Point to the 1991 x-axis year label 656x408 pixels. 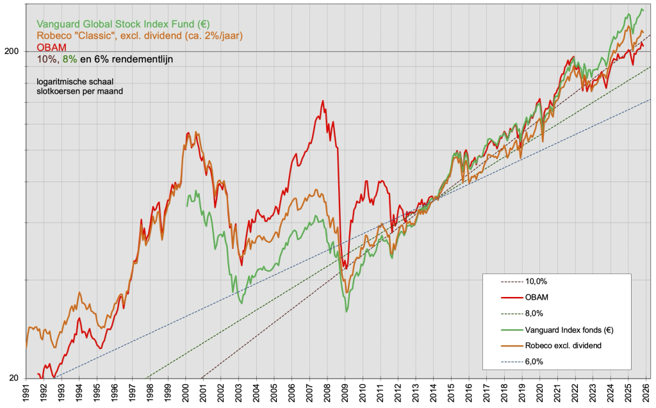click(x=26, y=391)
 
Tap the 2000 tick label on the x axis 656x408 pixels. click(x=186, y=391)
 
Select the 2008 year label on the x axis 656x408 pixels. click(x=327, y=391)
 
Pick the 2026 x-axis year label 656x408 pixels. click(x=646, y=391)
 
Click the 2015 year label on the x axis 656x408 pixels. click(x=451, y=391)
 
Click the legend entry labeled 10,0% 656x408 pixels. click(x=536, y=281)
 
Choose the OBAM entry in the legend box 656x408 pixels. click(x=537, y=297)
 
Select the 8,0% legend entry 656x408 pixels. click(x=534, y=314)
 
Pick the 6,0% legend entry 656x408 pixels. click(x=534, y=362)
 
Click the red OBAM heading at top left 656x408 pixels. click(x=51, y=47)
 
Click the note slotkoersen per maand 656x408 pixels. click(x=79, y=91)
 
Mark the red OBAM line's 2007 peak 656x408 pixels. click(x=323, y=101)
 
